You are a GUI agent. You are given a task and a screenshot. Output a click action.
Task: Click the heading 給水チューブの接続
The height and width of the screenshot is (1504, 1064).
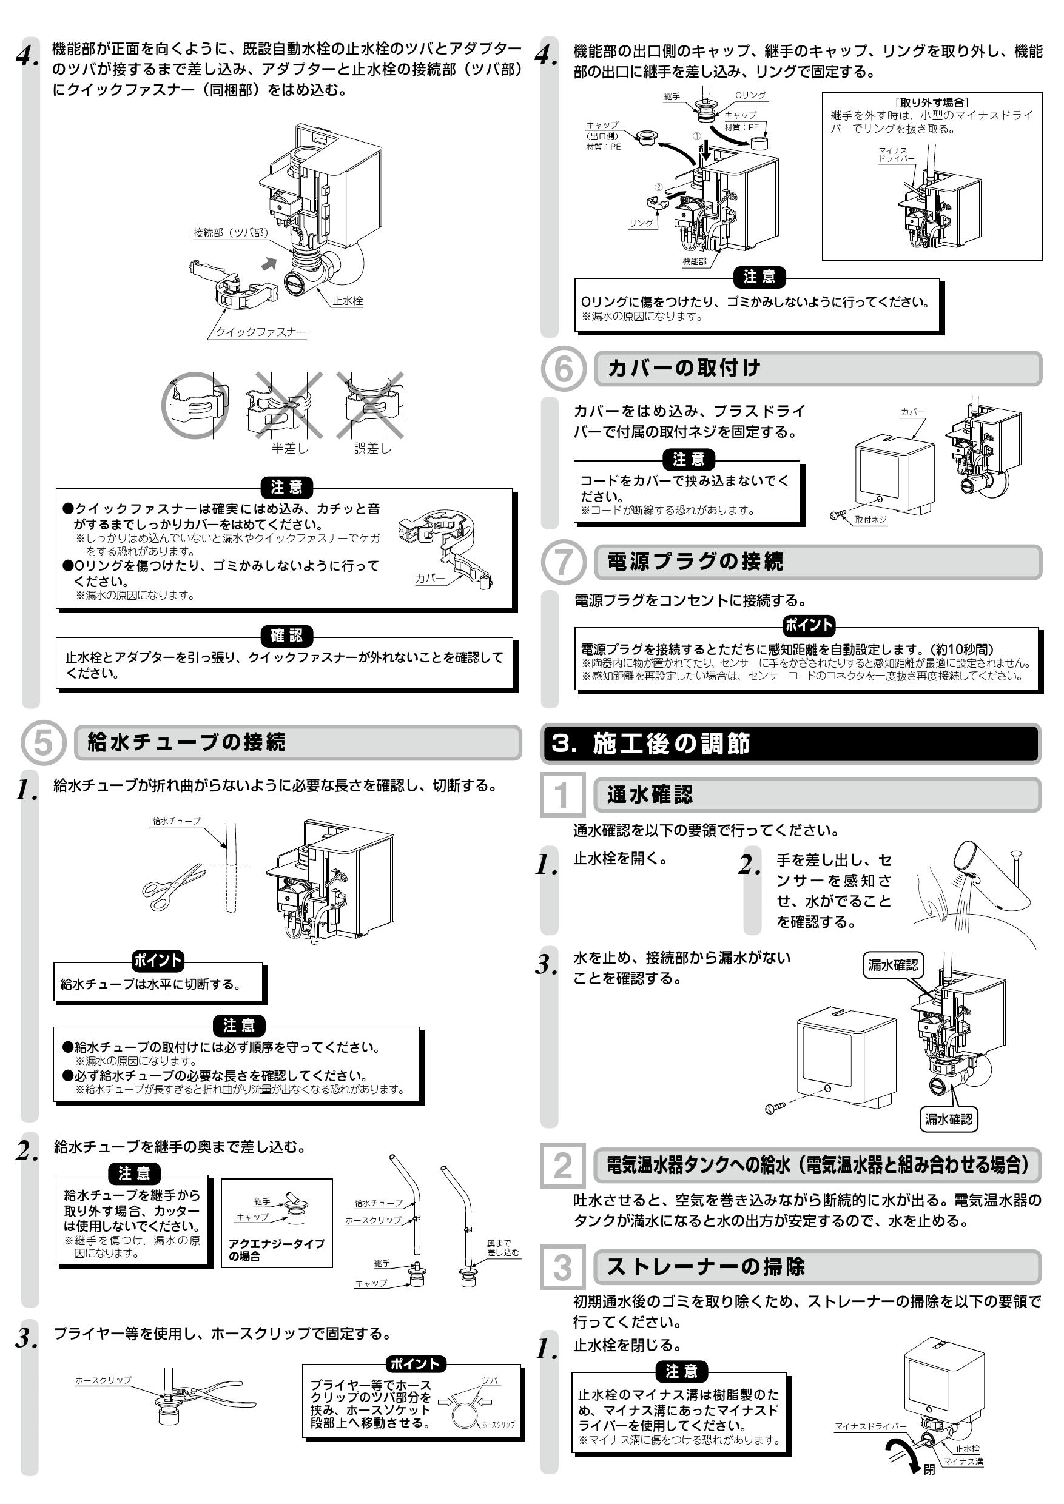(x=186, y=742)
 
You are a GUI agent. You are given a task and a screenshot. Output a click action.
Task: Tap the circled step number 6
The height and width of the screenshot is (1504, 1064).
(x=564, y=369)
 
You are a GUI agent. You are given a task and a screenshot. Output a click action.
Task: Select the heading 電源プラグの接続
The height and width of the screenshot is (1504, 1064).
(x=695, y=562)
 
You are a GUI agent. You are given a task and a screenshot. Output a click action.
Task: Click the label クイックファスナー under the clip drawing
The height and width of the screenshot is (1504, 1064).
(x=261, y=332)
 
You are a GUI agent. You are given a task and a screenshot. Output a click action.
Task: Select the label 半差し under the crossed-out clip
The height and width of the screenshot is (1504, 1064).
(x=289, y=449)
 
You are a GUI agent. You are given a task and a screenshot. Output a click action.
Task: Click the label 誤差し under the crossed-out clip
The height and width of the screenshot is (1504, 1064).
(x=372, y=449)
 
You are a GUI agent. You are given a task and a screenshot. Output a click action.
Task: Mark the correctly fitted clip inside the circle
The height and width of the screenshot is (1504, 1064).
(x=195, y=406)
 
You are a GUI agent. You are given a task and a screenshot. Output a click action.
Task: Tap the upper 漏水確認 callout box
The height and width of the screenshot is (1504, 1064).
(x=893, y=965)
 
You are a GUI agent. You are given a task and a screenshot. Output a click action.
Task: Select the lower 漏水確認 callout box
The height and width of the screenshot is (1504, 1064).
(x=949, y=1119)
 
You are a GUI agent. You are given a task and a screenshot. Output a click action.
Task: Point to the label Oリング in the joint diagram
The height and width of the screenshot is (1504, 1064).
(x=750, y=95)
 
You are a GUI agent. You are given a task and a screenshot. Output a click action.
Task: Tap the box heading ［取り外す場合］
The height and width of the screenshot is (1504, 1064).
(x=932, y=102)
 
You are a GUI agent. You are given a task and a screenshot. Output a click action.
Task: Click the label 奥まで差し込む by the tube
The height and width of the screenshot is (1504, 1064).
(x=502, y=1248)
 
